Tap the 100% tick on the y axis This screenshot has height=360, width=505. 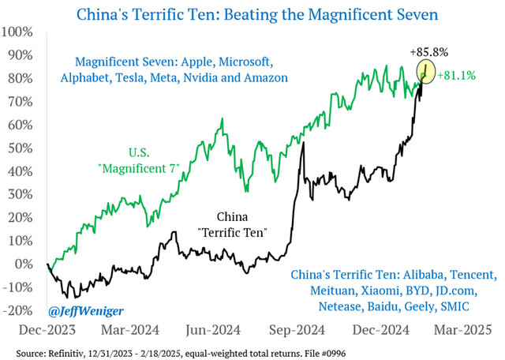(17, 32)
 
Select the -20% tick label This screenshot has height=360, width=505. (17, 310)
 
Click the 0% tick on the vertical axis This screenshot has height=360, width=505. (23, 264)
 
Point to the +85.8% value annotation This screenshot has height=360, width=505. (428, 52)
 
